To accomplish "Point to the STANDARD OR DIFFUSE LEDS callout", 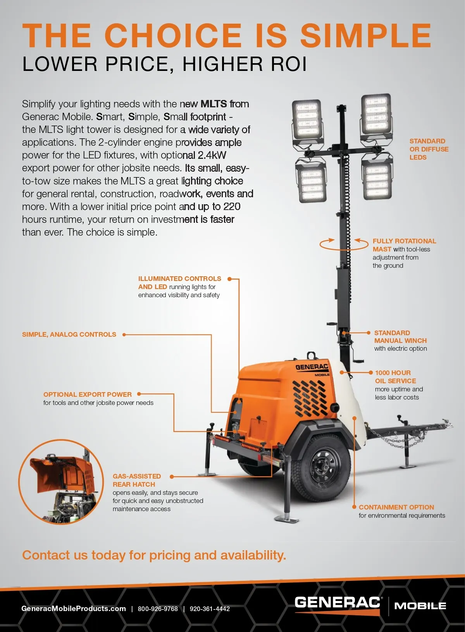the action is [429, 149].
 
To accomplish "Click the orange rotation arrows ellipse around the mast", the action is [344, 245].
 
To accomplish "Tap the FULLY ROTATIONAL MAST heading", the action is [404, 245].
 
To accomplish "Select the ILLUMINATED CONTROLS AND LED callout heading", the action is [179, 282].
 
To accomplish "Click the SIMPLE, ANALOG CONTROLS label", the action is [69, 334].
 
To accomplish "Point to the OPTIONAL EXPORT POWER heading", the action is [88, 394].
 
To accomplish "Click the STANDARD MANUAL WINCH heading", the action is [400, 337].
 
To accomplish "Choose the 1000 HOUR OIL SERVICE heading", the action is [395, 377].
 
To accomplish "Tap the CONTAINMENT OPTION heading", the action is [396, 507].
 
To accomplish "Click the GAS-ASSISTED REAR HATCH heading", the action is [137, 480].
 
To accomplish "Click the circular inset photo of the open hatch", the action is [61, 482].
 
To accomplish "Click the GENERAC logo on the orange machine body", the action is [312, 367].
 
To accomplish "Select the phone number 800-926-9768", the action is [158, 609].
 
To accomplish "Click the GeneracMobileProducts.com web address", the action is [74, 609].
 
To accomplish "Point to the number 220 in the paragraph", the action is [232, 207].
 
